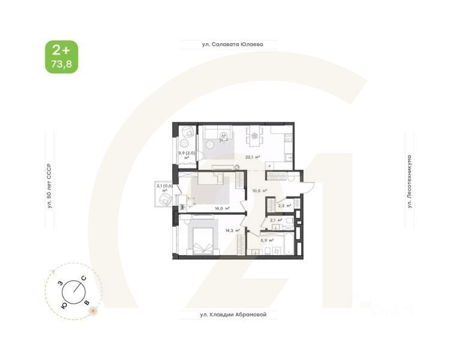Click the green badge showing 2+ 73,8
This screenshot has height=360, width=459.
point(61,56)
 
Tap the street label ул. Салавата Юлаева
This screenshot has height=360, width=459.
point(231,44)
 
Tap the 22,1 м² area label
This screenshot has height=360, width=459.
point(252,157)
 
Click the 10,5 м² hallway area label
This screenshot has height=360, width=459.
point(259,191)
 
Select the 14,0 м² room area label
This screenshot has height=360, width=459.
point(223,209)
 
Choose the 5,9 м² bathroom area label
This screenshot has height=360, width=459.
point(268,241)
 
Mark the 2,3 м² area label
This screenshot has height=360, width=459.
point(285,206)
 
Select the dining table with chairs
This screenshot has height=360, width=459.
point(255,137)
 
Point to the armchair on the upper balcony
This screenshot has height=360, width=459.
point(187,133)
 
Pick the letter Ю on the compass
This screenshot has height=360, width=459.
point(64,304)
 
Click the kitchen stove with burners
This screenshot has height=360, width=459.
point(287,139)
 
